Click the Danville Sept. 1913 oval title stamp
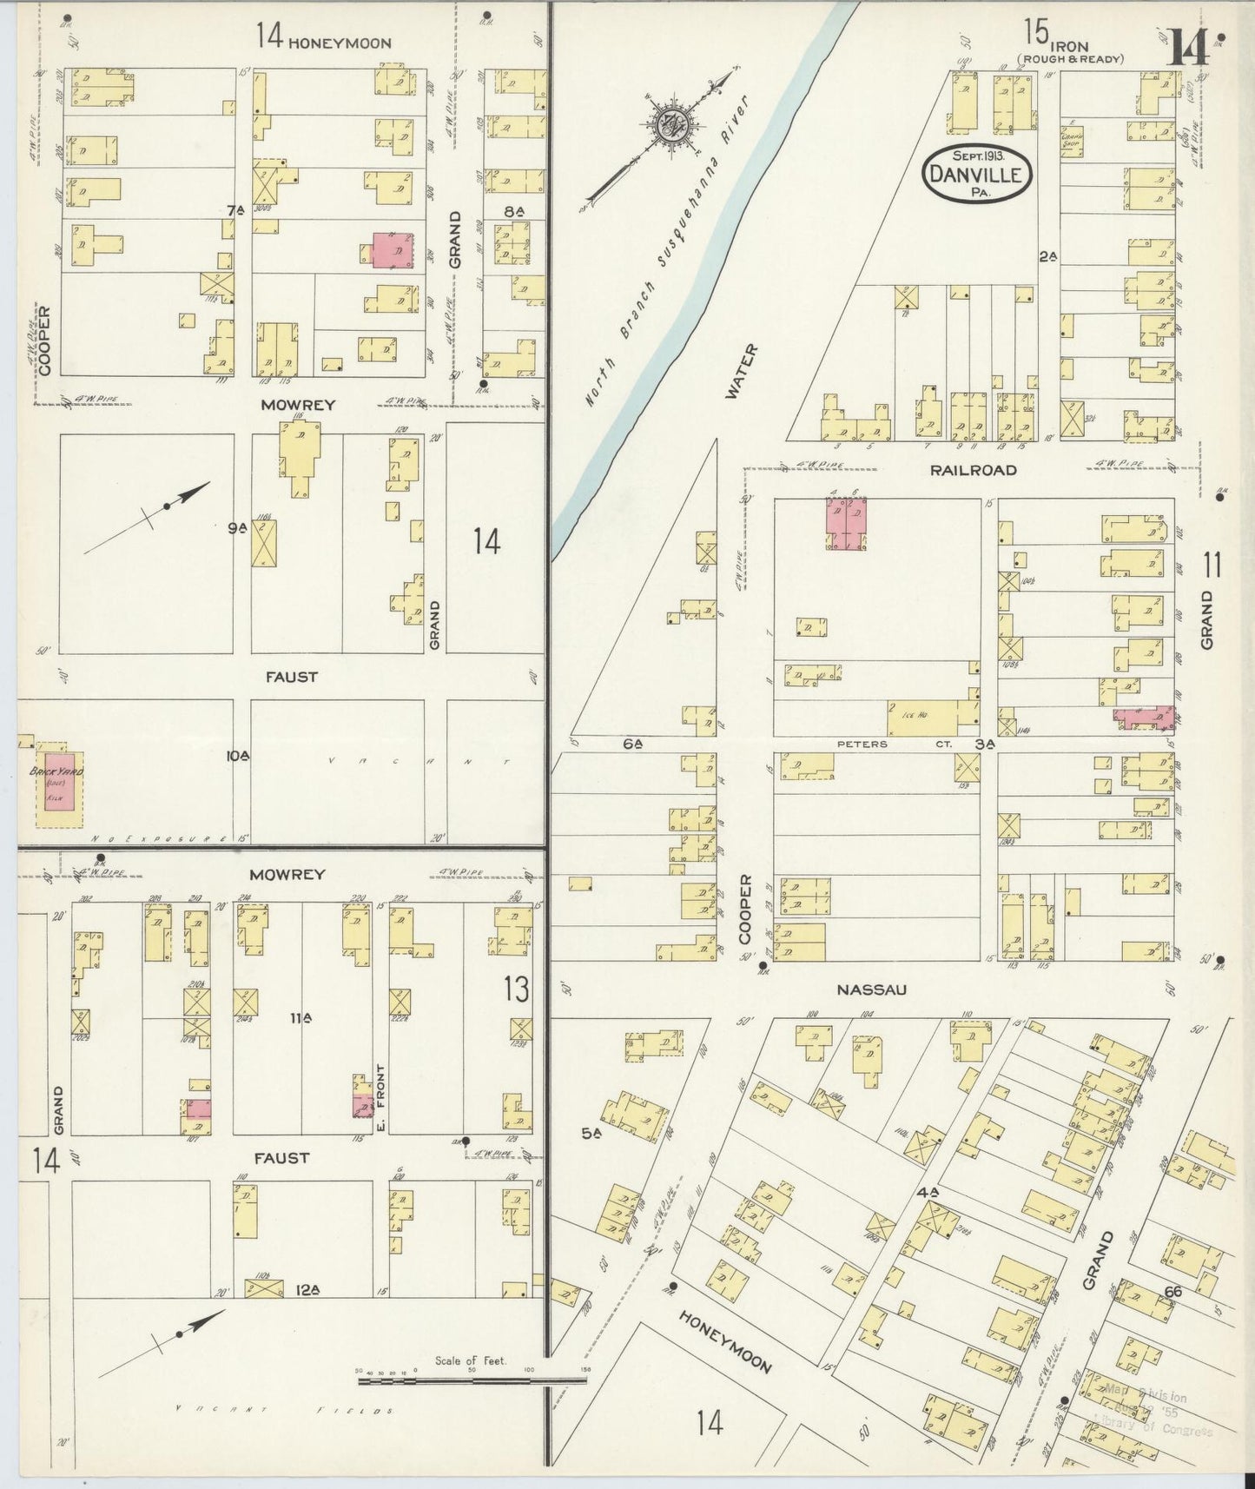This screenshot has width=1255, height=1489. click(x=979, y=173)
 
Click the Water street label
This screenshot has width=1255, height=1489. click(x=741, y=371)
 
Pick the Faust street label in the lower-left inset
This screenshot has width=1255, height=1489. click(x=281, y=1158)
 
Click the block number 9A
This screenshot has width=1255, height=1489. click(x=238, y=527)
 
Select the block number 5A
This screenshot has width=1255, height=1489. click(x=592, y=1132)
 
